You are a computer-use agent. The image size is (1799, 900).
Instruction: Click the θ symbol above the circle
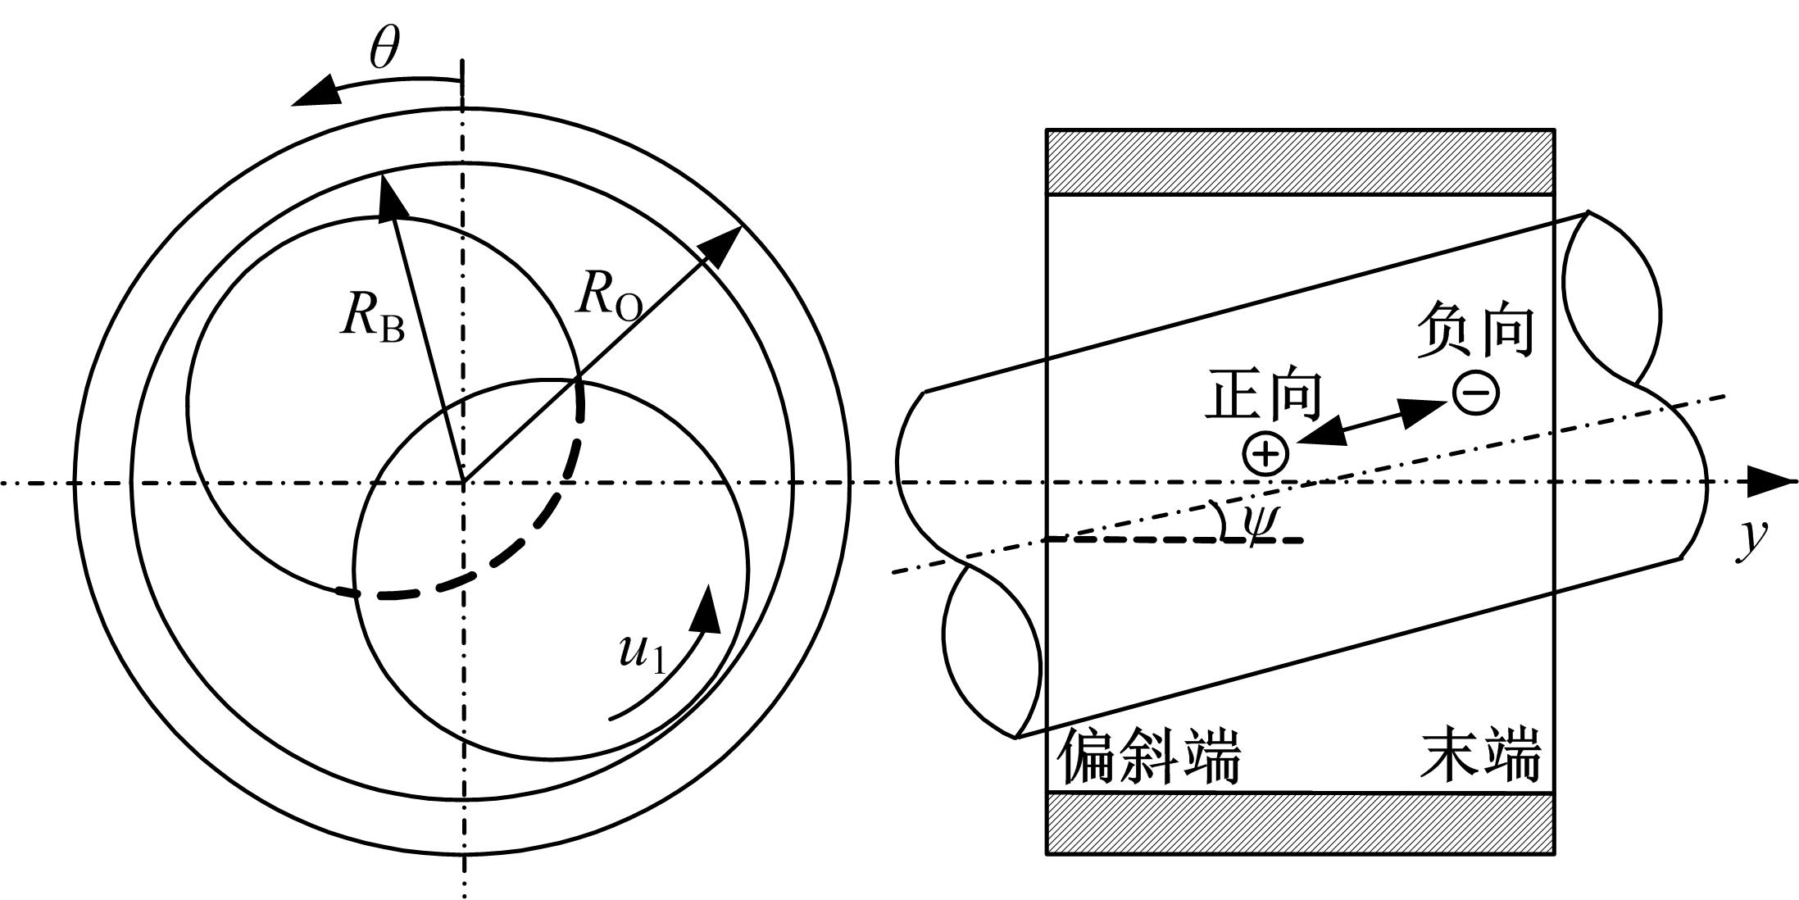(x=384, y=50)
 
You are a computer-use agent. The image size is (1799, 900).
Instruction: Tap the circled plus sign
(x=1265, y=454)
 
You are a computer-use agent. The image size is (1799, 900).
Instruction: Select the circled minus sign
(x=1476, y=393)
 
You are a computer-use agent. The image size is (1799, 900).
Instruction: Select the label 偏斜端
(x=1149, y=757)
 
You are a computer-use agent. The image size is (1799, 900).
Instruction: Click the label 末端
(x=1481, y=755)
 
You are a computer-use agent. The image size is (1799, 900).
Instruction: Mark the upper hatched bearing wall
(x=1301, y=162)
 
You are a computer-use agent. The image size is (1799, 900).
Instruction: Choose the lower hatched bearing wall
(x=1301, y=824)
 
